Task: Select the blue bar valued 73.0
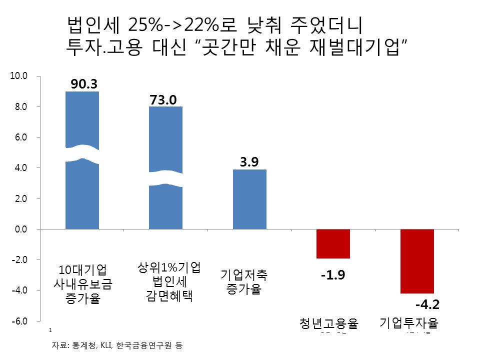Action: tap(166, 205)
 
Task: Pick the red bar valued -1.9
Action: tap(333, 243)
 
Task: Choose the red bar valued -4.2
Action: tap(417, 261)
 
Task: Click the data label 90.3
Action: tap(83, 84)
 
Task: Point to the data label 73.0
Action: tap(163, 99)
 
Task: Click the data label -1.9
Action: tap(332, 275)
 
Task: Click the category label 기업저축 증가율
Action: tap(244, 282)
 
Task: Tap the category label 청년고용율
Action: tap(329, 323)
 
